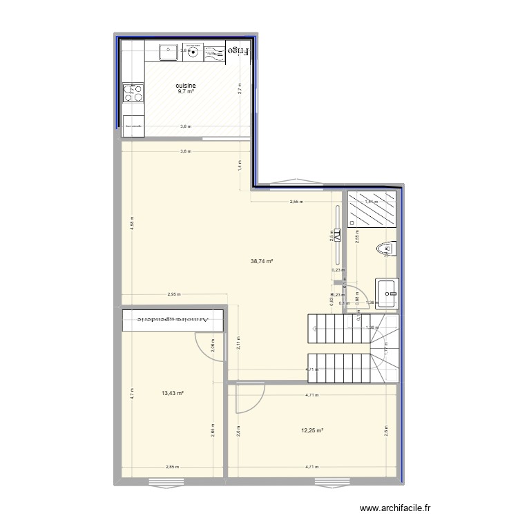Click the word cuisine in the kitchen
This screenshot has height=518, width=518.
(186, 86)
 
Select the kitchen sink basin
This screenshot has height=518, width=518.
(167, 52)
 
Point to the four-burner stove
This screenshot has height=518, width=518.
(133, 92)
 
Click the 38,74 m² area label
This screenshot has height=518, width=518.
(262, 261)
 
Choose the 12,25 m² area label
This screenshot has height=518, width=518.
(312, 431)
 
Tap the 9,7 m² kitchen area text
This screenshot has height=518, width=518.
(186, 92)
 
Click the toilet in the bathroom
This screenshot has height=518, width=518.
(386, 248)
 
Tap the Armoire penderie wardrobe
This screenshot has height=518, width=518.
(173, 320)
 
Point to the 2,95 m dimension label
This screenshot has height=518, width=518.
(174, 295)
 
